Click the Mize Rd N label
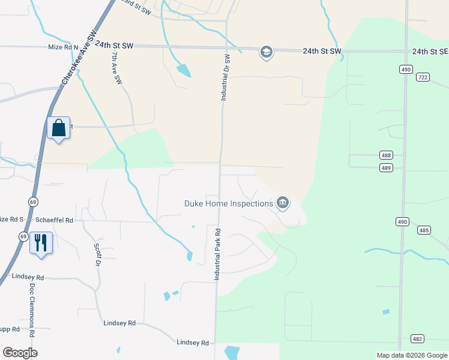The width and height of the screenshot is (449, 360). point(63,46)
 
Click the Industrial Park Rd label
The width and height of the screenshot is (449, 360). point(217,254)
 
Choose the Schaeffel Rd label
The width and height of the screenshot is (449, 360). point(55,220)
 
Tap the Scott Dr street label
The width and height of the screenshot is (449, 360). point(97,254)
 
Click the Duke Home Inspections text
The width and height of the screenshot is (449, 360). point(228,204)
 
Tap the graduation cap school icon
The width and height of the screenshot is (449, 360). point(266,52)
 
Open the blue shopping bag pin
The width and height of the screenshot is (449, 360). point(59,128)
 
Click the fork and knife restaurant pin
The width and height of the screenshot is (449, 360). point(41,243)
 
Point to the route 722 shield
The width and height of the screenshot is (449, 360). point(423,77)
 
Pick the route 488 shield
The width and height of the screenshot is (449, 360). point(387,155)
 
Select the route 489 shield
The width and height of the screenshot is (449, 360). point(387,168)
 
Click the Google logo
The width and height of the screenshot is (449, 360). point(20,353)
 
